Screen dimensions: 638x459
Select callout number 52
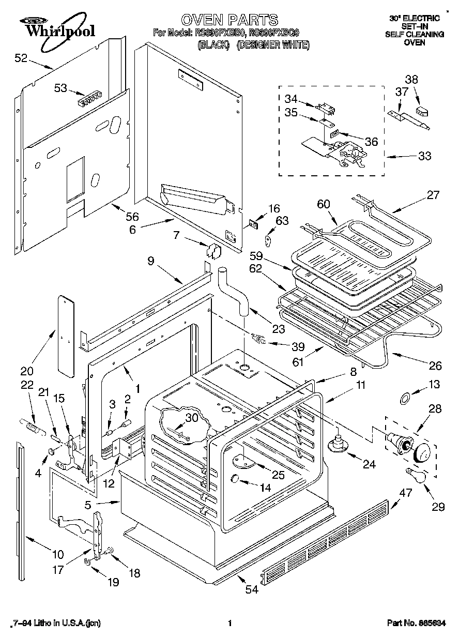(x=21, y=58)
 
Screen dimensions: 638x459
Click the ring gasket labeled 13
(x=406, y=398)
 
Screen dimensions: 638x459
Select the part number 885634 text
(x=418, y=624)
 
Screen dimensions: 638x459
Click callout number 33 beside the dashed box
(x=424, y=156)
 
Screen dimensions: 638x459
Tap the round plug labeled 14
(x=234, y=479)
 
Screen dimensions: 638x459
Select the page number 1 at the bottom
(x=229, y=624)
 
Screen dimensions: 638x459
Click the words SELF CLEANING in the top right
(x=414, y=34)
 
